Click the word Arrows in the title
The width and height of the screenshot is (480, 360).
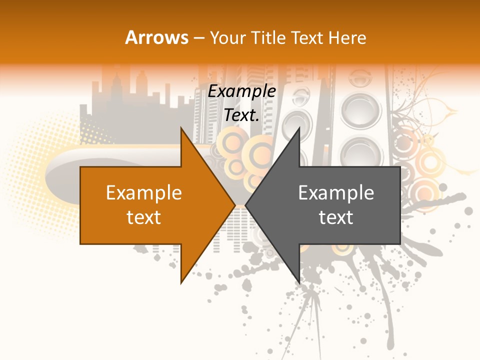click(x=157, y=37)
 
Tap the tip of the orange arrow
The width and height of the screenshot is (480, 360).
click(x=234, y=205)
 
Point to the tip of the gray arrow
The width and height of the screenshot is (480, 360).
click(x=246, y=205)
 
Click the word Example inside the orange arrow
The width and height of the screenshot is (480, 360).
click(x=144, y=193)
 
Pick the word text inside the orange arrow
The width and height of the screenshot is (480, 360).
click(x=144, y=217)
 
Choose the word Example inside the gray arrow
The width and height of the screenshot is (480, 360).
click(x=336, y=193)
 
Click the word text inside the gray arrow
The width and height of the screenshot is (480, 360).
click(x=336, y=217)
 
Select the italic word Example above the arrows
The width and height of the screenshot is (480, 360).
click(x=242, y=91)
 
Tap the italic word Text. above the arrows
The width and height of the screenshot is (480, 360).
click(x=242, y=115)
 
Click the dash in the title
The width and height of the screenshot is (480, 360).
click(x=198, y=37)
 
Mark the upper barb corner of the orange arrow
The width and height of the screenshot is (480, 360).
click(x=181, y=127)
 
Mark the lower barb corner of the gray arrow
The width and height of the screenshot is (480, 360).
click(x=299, y=283)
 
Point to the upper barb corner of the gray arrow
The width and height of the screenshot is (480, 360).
click(x=299, y=127)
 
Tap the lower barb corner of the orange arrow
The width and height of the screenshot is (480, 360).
click(x=181, y=283)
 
